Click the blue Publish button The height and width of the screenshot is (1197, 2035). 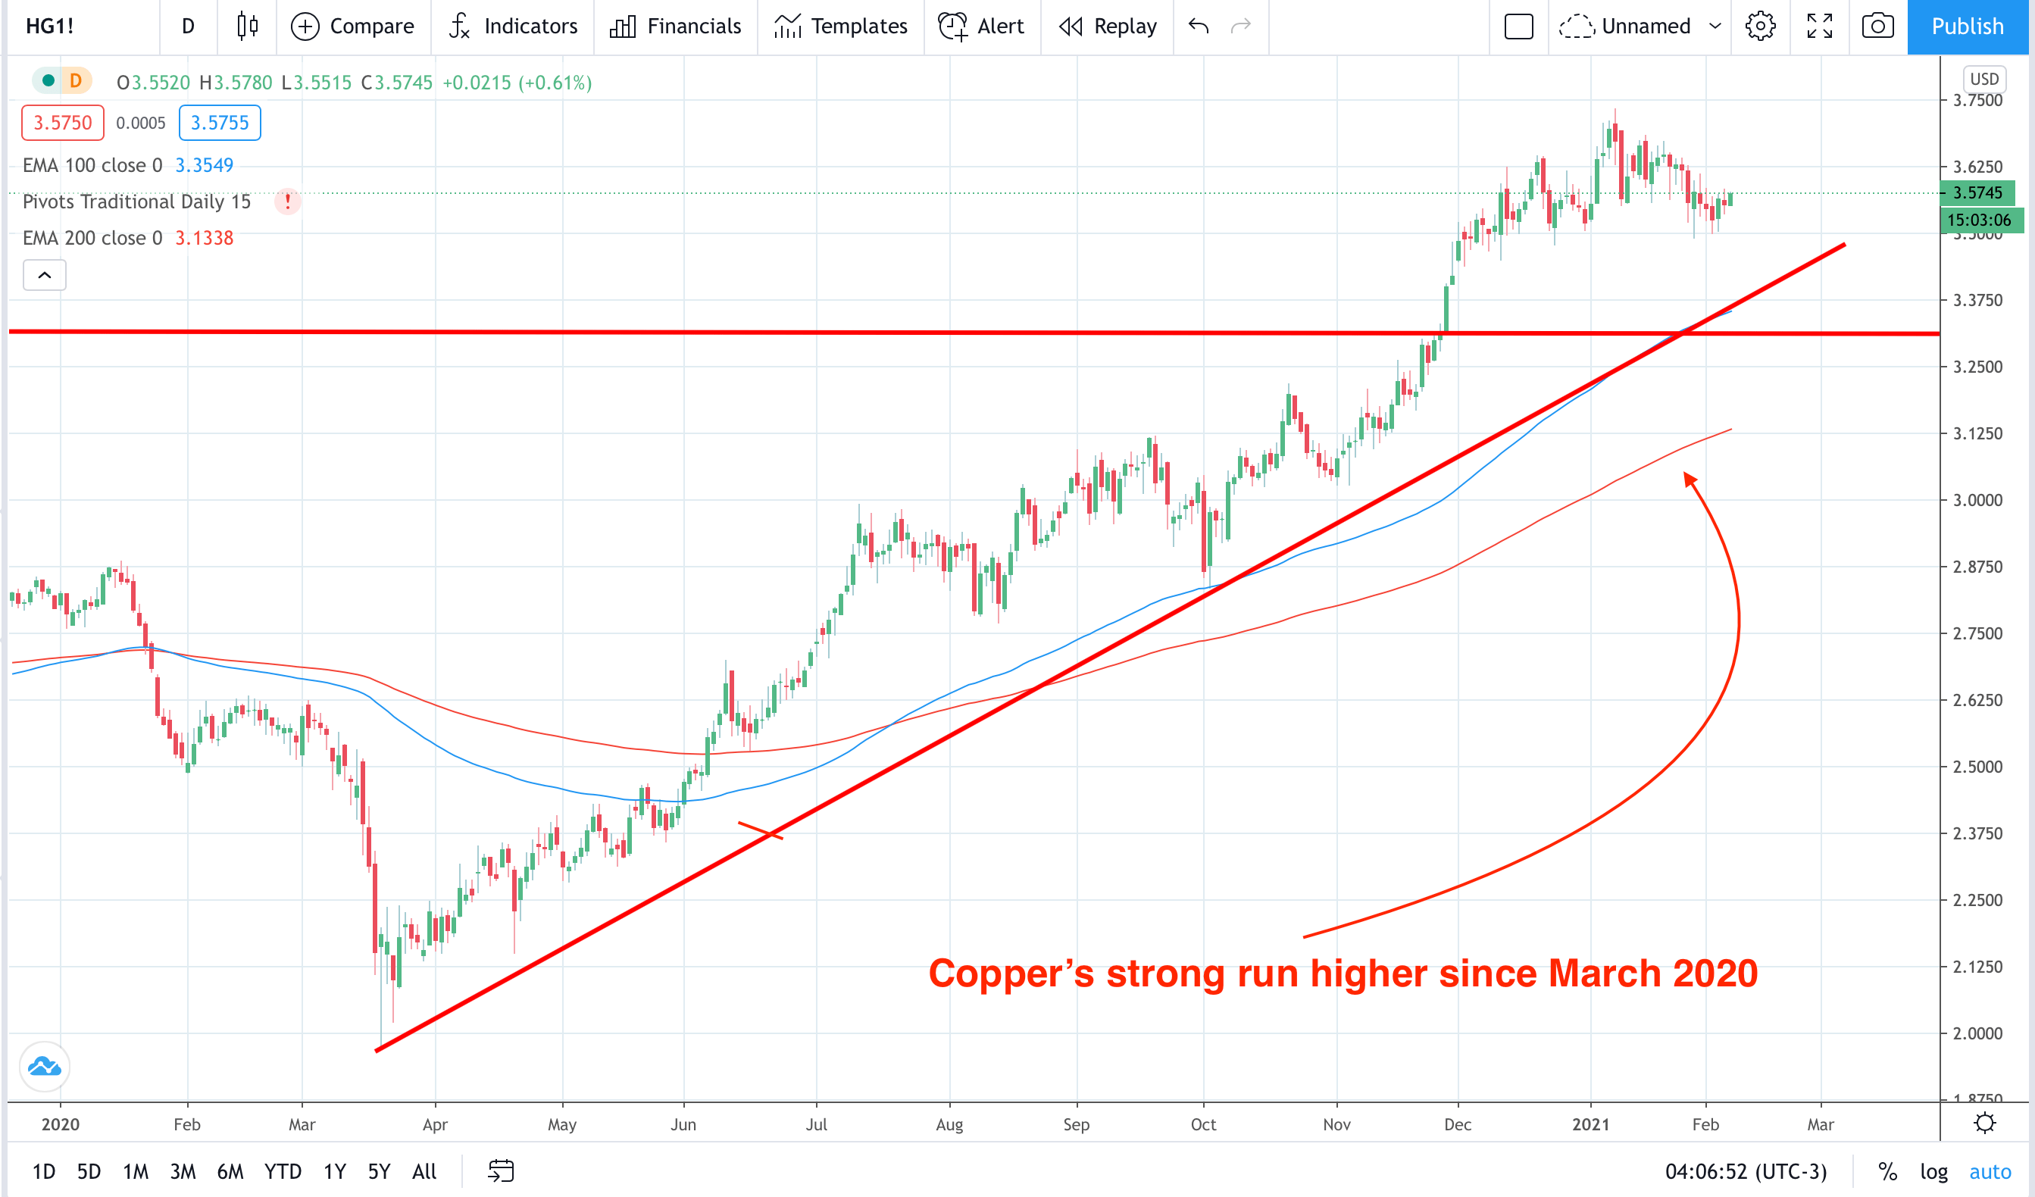(1966, 27)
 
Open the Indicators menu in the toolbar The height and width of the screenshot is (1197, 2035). (514, 27)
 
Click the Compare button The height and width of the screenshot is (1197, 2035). (352, 27)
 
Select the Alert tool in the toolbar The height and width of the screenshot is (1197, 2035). (981, 27)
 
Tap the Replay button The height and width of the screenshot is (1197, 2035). (1107, 27)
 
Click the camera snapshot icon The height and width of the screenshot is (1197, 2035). (1877, 27)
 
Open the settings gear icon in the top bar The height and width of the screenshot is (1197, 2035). (1760, 27)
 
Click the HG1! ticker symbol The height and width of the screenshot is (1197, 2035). (50, 27)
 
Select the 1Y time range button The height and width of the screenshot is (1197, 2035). (334, 1171)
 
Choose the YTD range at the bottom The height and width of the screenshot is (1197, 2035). (283, 1171)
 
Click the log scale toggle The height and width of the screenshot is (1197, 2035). (1933, 1171)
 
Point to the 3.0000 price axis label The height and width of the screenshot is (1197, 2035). (1977, 500)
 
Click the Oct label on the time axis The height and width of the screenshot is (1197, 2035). (1203, 1124)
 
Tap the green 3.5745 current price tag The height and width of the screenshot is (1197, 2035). (1977, 192)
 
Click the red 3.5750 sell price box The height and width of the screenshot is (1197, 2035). (62, 123)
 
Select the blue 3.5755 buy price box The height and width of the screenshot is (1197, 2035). (220, 123)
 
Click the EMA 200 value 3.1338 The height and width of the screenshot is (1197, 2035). (205, 239)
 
